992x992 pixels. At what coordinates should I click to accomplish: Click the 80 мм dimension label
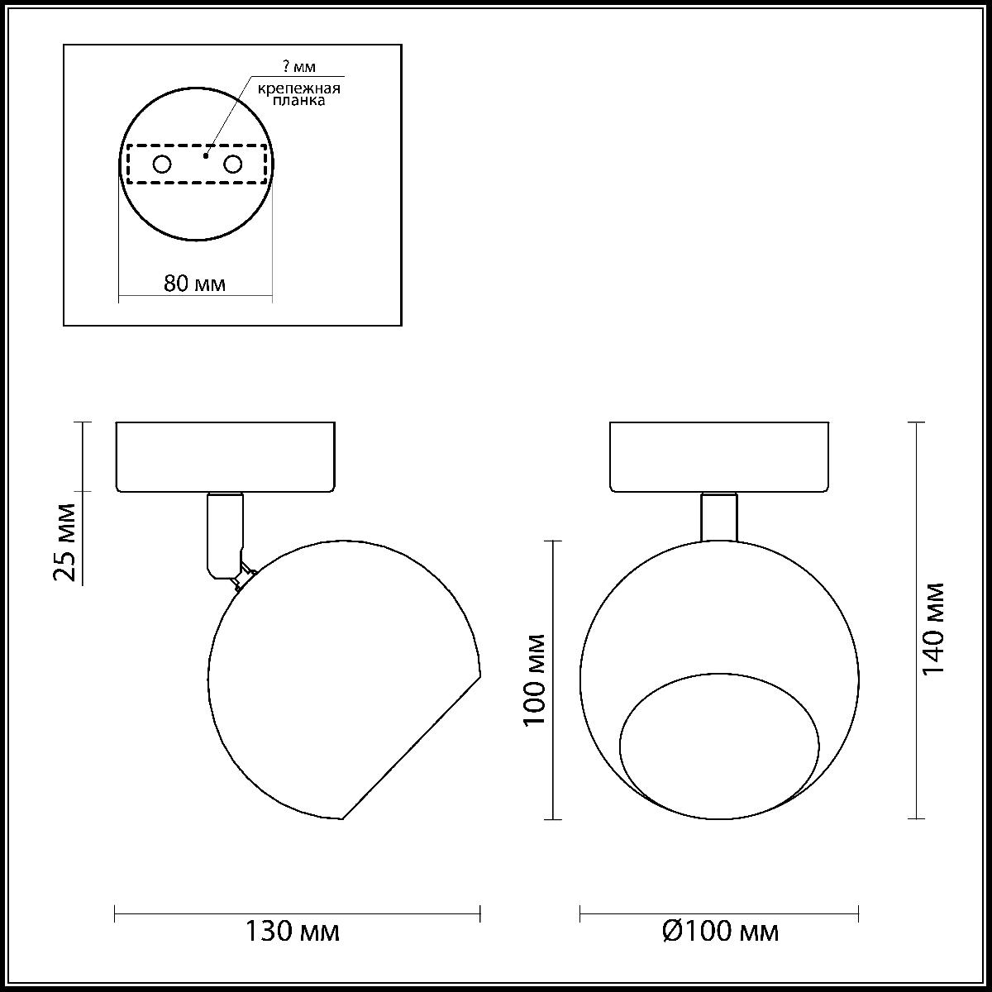pos(194,284)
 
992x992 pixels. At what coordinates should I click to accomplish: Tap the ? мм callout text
pos(299,66)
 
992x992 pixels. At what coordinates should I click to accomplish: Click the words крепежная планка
pos(299,94)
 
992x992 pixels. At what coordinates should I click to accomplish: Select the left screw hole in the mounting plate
pos(162,165)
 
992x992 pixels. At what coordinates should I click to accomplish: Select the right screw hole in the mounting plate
pos(232,165)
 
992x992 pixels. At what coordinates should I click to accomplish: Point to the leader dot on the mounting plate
pos(205,155)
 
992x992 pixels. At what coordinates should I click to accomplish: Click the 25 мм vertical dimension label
pos(65,542)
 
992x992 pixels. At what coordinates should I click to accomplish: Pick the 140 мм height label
pos(932,629)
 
